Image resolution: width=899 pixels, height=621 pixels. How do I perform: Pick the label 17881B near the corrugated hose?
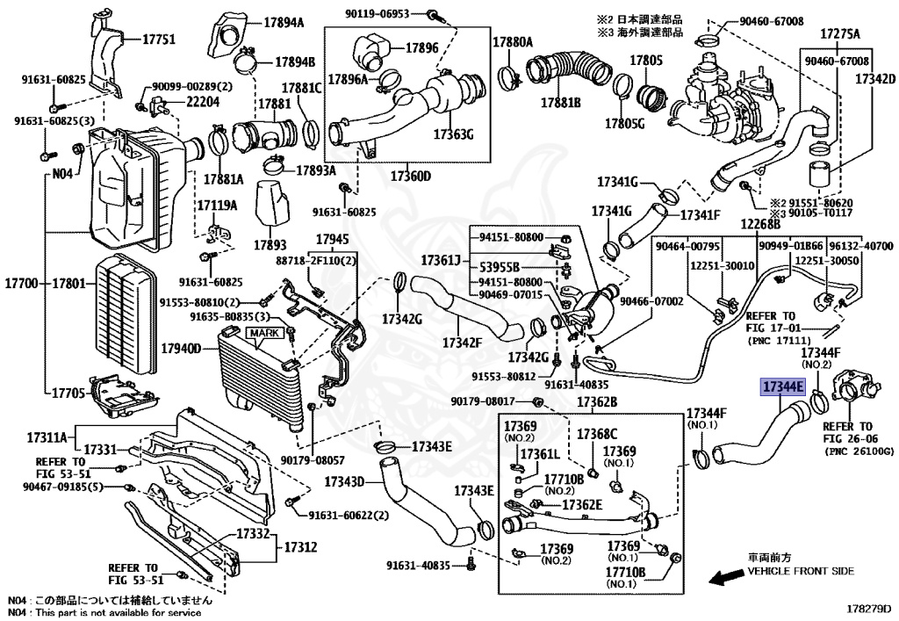[x=560, y=102]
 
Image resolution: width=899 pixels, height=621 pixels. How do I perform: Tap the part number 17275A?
[x=840, y=34]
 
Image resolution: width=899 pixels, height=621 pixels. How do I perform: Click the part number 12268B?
[x=760, y=224]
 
